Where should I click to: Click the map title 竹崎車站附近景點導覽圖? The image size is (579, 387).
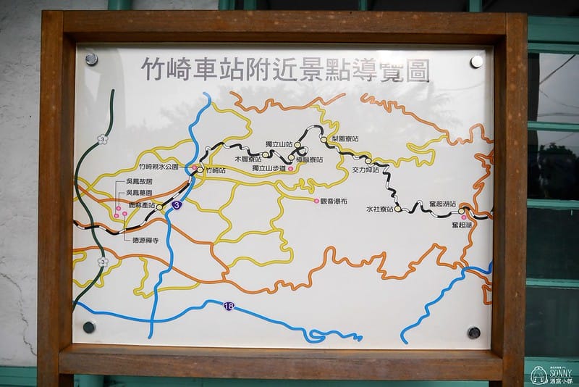pyautogui.click(x=284, y=71)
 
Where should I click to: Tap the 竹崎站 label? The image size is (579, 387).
pyautogui.click(x=216, y=170)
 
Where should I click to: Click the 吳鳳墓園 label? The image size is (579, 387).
pyautogui.click(x=139, y=193)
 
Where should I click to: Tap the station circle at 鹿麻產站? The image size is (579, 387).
pyautogui.click(x=159, y=207)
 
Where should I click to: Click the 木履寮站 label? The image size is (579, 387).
pyautogui.click(x=248, y=158)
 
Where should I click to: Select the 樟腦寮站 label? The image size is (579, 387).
pyautogui.click(x=309, y=159)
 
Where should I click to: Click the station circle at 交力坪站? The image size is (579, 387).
pyautogui.click(x=368, y=161)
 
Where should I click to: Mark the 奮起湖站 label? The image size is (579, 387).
pyautogui.click(x=442, y=204)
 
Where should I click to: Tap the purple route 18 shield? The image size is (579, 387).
pyautogui.click(x=229, y=307)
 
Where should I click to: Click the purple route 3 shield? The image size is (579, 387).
pyautogui.click(x=177, y=206)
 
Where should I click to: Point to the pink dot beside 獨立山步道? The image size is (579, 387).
pyautogui.click(x=290, y=169)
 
